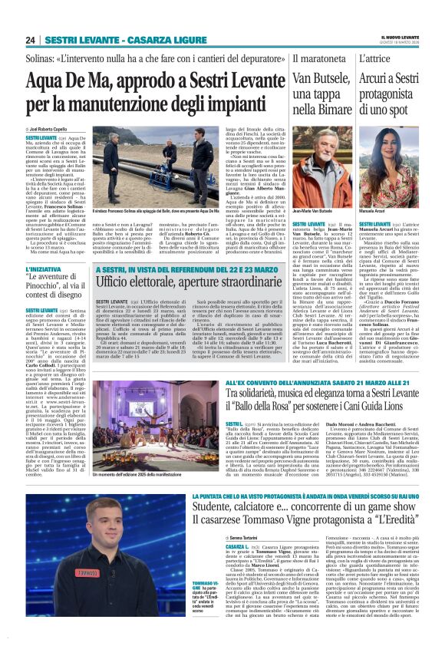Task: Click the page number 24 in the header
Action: (31, 40)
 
